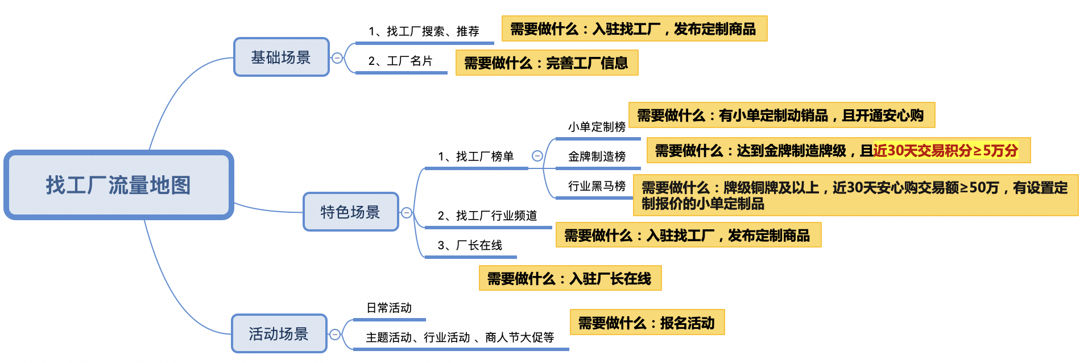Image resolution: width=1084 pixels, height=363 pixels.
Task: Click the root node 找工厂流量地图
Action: coord(118,185)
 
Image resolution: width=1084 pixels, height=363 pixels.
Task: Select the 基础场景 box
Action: coord(281,57)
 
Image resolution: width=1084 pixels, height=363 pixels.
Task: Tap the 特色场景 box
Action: coord(350,212)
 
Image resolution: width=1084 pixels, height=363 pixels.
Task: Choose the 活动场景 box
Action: coord(279,333)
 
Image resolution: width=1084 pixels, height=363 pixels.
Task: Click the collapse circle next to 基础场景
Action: coord(337,57)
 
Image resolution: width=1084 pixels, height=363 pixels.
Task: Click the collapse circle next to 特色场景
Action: coord(407,213)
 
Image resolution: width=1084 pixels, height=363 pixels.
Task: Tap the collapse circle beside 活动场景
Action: coord(335,335)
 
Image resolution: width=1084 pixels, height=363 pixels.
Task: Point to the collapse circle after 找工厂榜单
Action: coord(537,156)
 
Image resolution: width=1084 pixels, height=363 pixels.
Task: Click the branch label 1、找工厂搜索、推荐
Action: coord(424,31)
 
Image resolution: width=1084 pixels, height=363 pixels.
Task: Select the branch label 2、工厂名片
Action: coord(400,61)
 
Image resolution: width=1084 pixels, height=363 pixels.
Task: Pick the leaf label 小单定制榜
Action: coord(597,127)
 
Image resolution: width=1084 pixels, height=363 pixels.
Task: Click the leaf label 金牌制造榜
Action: coord(597,156)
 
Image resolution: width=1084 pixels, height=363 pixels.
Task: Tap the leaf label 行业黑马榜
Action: coord(597,186)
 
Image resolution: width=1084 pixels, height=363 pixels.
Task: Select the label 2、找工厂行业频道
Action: coord(487,216)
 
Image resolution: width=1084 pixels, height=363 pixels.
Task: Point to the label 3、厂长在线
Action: coord(470,245)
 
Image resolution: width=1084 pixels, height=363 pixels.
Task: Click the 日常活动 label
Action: coord(389,308)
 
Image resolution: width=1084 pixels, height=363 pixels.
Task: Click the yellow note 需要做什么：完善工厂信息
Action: coord(546,63)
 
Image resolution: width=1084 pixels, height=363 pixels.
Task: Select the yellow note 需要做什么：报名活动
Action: coord(647,323)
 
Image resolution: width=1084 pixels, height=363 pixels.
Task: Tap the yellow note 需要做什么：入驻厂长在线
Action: coord(569,278)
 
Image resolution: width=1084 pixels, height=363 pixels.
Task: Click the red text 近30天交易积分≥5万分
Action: coord(945,151)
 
